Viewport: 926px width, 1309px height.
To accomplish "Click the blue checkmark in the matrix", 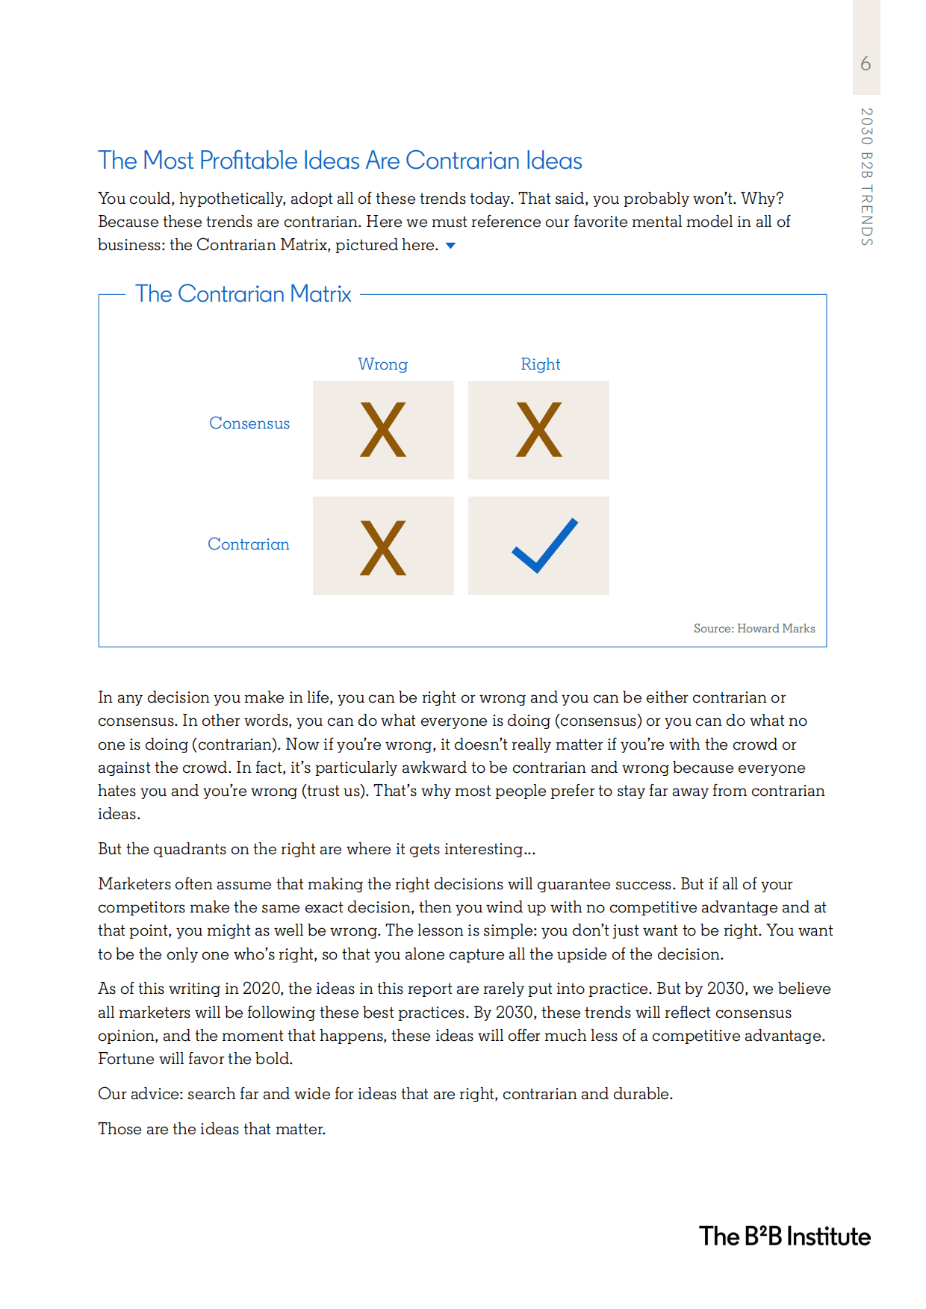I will (x=544, y=546).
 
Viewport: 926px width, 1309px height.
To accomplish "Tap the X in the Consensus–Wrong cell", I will (x=383, y=429).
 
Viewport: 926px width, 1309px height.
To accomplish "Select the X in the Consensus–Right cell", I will (x=538, y=429).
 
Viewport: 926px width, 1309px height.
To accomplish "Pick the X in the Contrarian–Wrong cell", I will (x=383, y=547).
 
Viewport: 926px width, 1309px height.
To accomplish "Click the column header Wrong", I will (x=382, y=364).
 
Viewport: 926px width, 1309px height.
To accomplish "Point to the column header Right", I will (x=540, y=364).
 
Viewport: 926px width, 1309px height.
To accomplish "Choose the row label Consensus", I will (x=249, y=423).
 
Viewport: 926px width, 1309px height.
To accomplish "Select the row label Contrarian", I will (x=248, y=544).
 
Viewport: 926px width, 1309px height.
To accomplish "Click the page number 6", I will (x=866, y=63).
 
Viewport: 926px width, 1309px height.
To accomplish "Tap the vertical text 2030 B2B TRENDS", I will (x=866, y=177).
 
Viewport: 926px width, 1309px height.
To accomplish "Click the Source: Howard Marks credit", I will (x=754, y=629).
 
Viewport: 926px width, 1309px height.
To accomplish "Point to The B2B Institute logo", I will (x=785, y=1237).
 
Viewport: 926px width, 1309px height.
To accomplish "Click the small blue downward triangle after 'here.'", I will (x=450, y=246).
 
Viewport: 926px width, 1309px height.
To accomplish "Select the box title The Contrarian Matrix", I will (x=243, y=294).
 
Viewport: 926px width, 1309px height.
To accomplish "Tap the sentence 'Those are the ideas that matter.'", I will (x=211, y=1129).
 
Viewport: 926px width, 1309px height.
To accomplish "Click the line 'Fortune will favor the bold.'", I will (x=195, y=1059).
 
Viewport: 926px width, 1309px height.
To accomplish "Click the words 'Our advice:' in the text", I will (x=140, y=1094).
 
